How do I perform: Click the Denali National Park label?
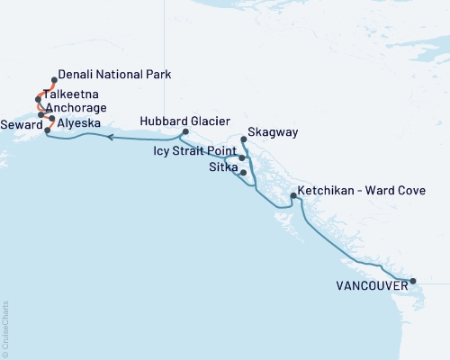click(x=114, y=74)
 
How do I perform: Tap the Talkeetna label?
click(x=69, y=94)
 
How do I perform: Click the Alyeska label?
click(x=78, y=123)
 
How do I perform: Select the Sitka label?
click(x=222, y=167)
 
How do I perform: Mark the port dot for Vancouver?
click(x=413, y=282)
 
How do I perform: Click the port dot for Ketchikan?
click(x=294, y=195)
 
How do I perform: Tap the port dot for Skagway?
click(x=244, y=139)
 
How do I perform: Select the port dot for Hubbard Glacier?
click(x=184, y=133)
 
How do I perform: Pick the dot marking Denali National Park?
click(x=55, y=80)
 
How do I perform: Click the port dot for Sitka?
click(x=243, y=171)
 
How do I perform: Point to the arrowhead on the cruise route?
click(x=109, y=138)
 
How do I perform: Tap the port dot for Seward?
click(x=47, y=130)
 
